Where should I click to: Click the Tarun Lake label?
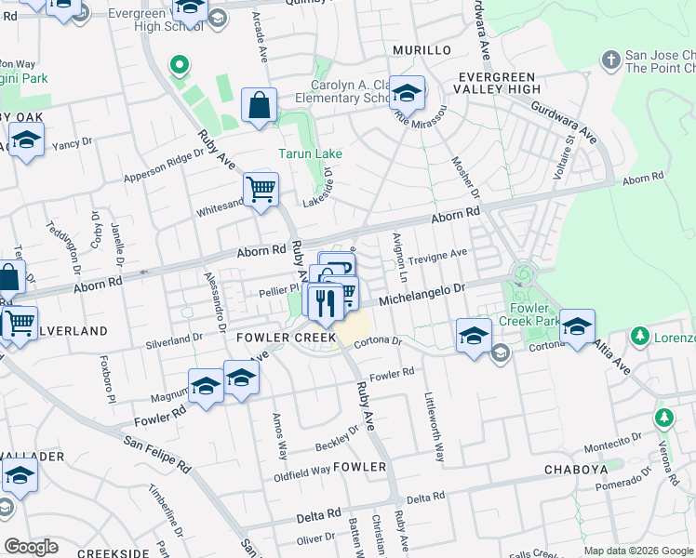coord(311,153)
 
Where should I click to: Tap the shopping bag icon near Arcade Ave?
coord(260,106)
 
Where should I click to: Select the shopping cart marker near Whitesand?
coord(261,189)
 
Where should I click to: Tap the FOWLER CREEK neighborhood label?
coord(286,338)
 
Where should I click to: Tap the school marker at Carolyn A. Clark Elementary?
coord(407,94)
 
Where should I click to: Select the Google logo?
coord(32,547)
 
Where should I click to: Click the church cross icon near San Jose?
coord(610,60)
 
